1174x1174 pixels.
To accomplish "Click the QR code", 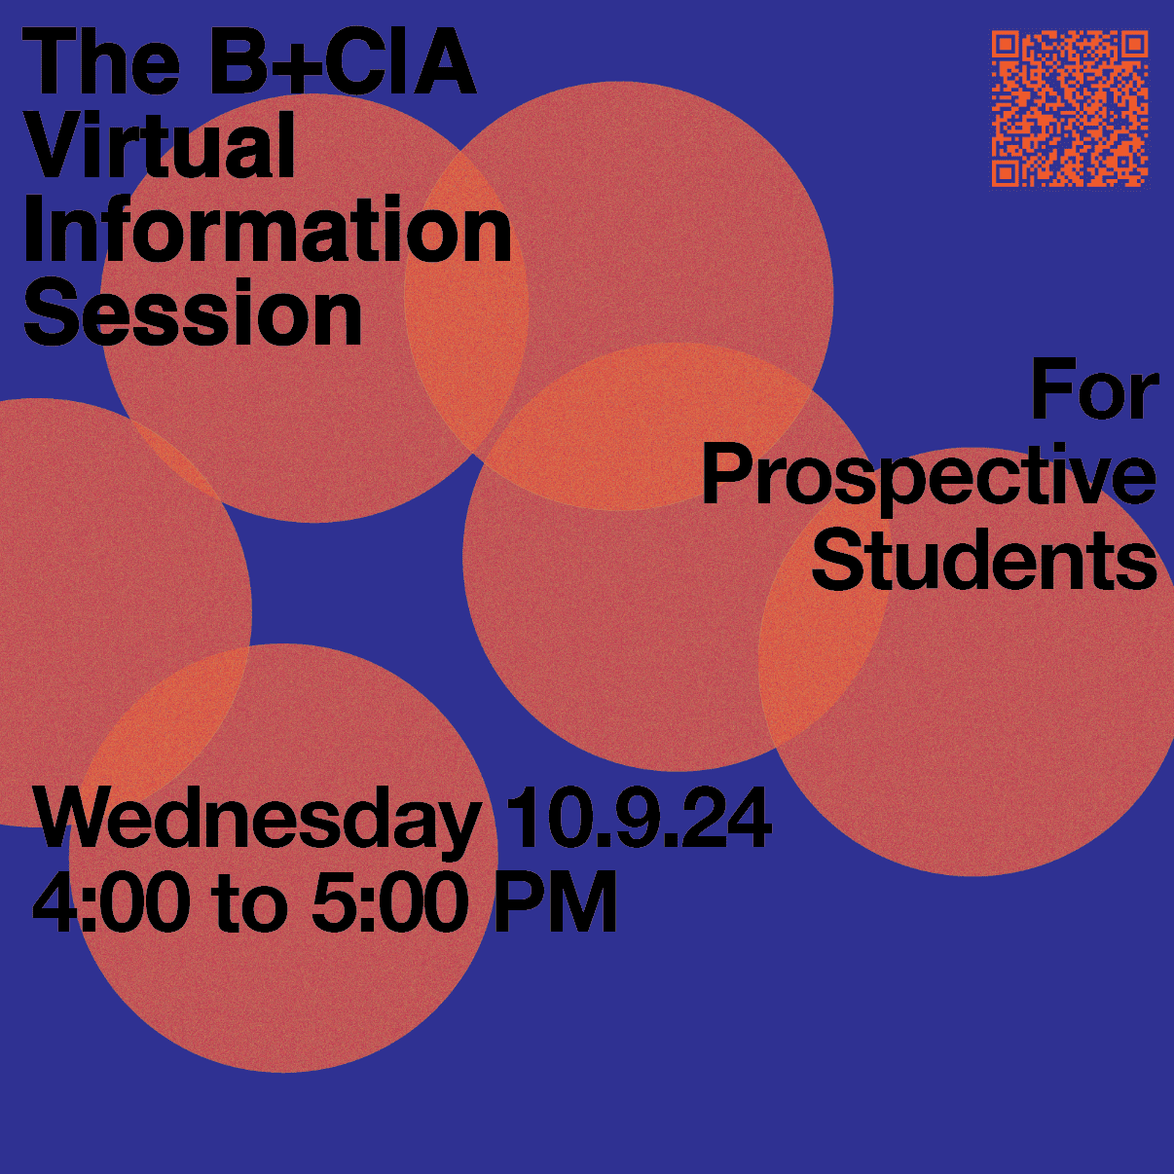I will [x=1070, y=108].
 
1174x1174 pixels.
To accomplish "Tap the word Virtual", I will [x=160, y=147].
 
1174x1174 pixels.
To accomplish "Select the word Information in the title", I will [x=267, y=231].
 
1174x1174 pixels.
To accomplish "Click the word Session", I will [x=193, y=313].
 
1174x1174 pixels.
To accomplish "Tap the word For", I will [x=1094, y=392].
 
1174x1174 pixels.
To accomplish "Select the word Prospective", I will [x=929, y=477].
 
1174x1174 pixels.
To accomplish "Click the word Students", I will [x=983, y=561].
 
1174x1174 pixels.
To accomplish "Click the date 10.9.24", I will [x=639, y=819].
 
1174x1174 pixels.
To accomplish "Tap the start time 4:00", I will [x=111, y=903].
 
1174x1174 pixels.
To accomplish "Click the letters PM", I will [x=556, y=903].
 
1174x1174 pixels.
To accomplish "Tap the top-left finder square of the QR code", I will [x=1006, y=45].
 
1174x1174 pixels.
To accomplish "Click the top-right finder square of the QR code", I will [x=1134, y=45].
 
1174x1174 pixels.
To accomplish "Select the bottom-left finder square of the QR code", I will [x=1006, y=173].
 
